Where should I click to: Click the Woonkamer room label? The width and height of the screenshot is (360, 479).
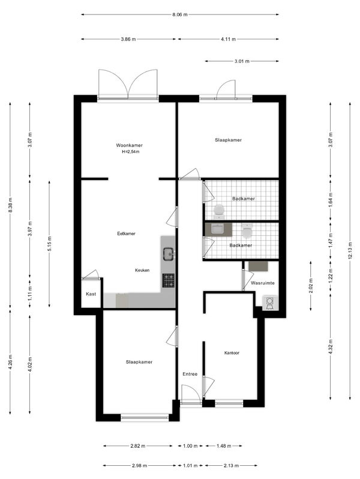[129, 145]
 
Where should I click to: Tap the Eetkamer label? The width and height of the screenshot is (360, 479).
[126, 233]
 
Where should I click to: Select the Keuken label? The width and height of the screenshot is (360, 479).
[142, 270]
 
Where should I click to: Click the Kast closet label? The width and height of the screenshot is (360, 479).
[91, 294]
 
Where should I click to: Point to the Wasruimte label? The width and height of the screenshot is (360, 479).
[263, 283]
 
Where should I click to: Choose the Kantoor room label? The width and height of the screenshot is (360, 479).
[232, 353]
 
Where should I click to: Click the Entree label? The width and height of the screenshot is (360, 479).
[190, 374]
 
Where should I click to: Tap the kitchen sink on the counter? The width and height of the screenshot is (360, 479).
[169, 253]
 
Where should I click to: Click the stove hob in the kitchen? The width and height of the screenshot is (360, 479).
[169, 280]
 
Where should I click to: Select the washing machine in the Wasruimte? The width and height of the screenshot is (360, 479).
[270, 303]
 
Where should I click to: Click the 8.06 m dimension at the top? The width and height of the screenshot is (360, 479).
[180, 14]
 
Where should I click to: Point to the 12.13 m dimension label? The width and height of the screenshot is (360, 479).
[350, 250]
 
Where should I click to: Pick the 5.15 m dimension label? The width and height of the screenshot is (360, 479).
[49, 244]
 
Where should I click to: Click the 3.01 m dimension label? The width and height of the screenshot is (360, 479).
[242, 61]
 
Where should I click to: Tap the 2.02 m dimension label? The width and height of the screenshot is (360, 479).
[311, 286]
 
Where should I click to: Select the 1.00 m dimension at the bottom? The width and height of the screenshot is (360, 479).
[190, 446]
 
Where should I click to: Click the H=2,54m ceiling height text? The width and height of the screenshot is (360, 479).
[130, 152]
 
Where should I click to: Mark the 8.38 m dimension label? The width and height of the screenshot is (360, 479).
[10, 205]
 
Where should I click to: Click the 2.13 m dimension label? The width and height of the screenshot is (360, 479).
[231, 466]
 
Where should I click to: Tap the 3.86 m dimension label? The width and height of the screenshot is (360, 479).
[128, 39]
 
